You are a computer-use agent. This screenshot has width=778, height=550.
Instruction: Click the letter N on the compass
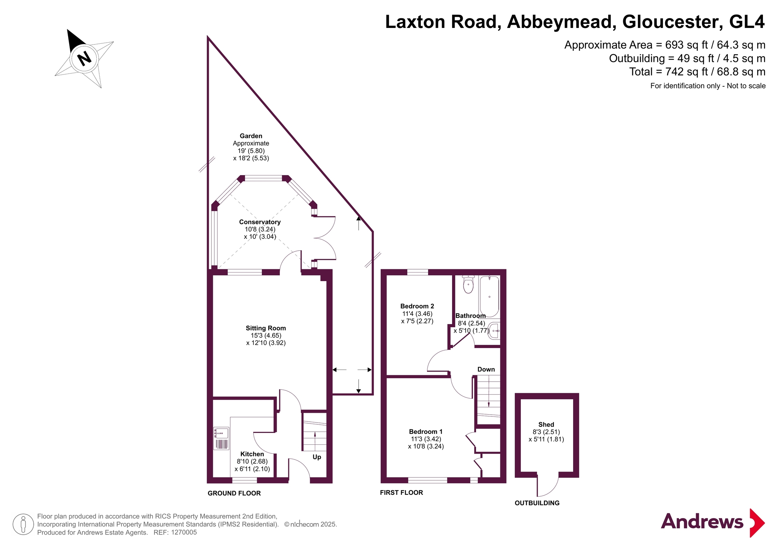(x=85, y=58)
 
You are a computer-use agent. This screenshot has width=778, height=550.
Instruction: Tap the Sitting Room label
(x=266, y=328)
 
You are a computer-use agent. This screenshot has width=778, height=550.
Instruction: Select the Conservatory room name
(x=260, y=222)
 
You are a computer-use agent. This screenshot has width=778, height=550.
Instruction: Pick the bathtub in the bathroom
(x=489, y=296)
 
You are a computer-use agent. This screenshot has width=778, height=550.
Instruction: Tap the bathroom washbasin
(x=494, y=331)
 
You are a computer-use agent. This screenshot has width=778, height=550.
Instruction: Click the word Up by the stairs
(x=317, y=457)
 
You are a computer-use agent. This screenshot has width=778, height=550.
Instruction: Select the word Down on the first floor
(x=486, y=370)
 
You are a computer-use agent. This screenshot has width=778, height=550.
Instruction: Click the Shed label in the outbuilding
(x=546, y=425)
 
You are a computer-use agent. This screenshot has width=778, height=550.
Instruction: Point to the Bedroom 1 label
(x=426, y=432)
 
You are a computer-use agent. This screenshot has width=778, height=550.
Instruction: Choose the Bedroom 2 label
(x=417, y=306)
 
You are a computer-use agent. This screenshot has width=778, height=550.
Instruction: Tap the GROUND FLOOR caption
(x=234, y=493)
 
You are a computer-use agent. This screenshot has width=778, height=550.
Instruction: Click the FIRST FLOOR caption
(x=402, y=493)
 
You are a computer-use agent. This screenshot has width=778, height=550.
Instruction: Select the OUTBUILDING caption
(x=537, y=503)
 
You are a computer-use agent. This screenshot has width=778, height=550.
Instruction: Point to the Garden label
(x=251, y=136)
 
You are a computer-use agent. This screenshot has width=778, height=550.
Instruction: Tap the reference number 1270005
(x=184, y=532)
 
